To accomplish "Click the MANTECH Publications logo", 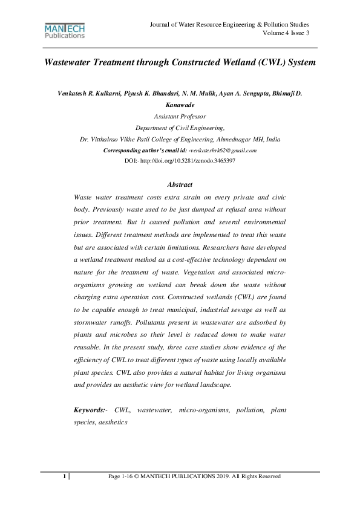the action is [x=65, y=31].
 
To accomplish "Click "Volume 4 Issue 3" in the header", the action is [x=286, y=33].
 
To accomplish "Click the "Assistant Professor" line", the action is [x=180, y=116].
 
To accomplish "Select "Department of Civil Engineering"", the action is [x=180, y=128].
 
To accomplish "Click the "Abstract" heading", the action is [x=180, y=184].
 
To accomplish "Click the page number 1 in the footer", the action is [x=64, y=477].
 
